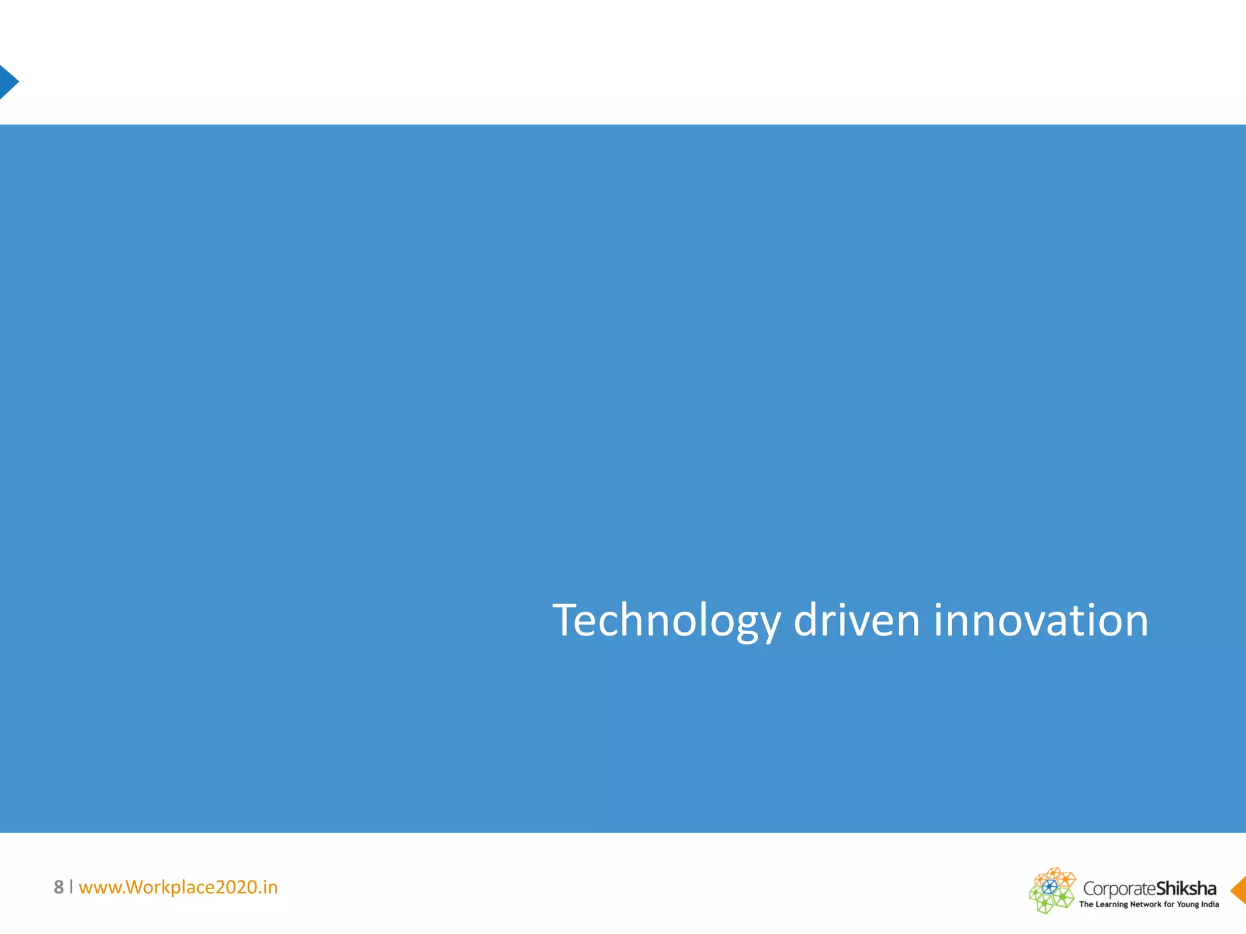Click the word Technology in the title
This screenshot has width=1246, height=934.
coord(666,621)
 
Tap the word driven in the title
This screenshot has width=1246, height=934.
coord(857,621)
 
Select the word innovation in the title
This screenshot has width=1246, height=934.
coord(1040,621)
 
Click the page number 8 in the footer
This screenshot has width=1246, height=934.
coord(58,887)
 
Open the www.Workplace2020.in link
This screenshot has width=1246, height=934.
coord(178,887)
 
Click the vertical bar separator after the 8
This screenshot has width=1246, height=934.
coord(71,887)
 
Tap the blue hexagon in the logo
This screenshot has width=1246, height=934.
coord(1049,886)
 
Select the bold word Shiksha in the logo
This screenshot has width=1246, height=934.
coord(1186,888)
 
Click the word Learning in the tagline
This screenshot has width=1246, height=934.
coord(1112,904)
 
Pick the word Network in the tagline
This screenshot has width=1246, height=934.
coord(1146,904)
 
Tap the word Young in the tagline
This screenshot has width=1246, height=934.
coord(1188,904)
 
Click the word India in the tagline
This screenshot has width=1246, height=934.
coord(1210,904)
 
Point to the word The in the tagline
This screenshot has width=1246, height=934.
coord(1086,904)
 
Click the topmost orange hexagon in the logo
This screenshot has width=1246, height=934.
coord(1053,873)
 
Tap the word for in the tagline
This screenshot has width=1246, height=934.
coord(1169,904)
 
